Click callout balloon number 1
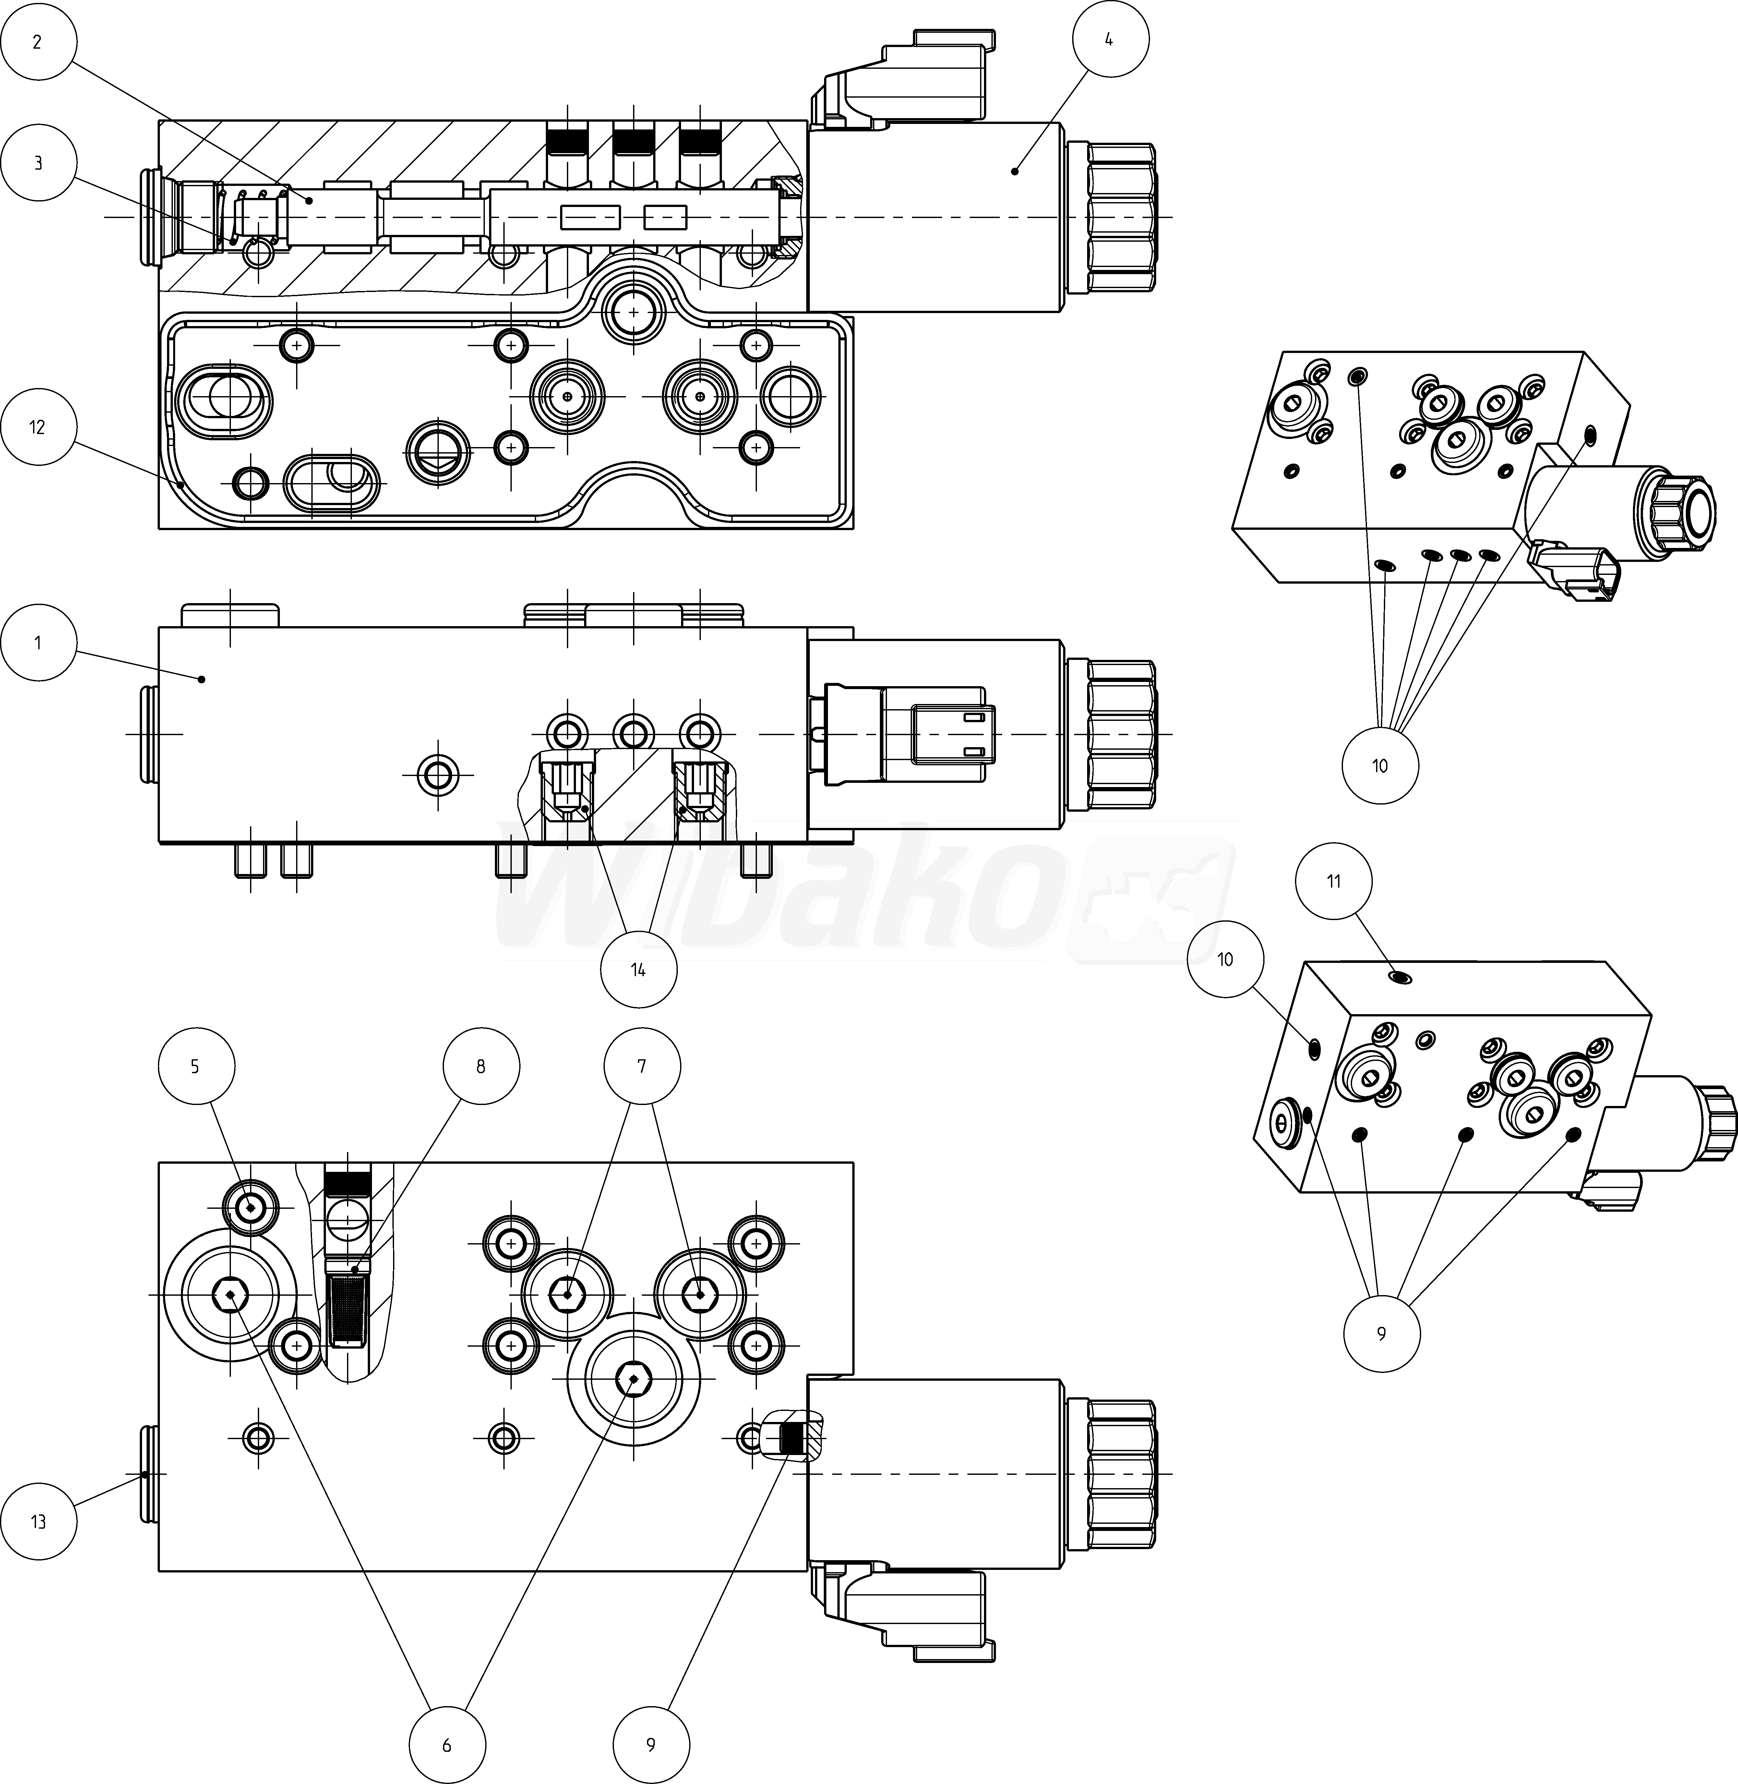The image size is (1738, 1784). pos(37,643)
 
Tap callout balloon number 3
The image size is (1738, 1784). pos(37,164)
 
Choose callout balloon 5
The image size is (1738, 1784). pos(195,1066)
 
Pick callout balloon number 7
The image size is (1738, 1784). pos(642,1066)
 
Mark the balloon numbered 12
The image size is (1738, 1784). pos(37,427)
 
